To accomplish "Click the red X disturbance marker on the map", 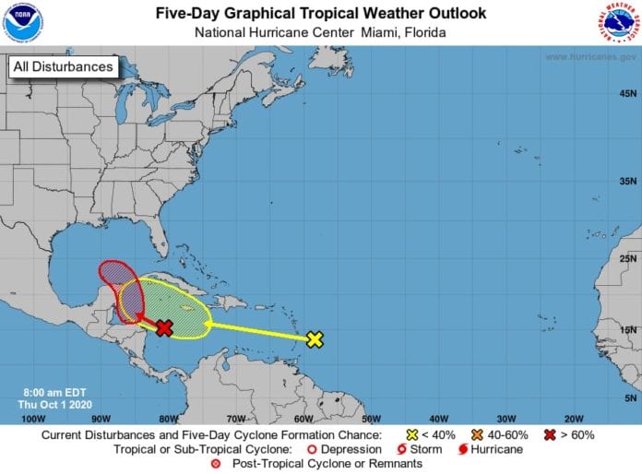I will click(164, 328).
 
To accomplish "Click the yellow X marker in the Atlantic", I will click(315, 339).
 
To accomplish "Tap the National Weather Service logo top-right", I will click(619, 22).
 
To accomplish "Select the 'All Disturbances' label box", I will click(64, 66).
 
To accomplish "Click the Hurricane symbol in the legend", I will click(466, 450).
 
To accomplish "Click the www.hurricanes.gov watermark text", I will click(589, 57).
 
